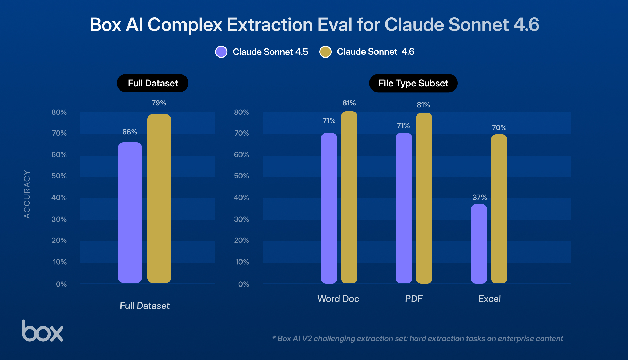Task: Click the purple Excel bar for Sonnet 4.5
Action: click(479, 244)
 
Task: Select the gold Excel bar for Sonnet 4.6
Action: click(499, 209)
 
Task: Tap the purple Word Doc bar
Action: click(329, 208)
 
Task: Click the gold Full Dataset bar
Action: click(159, 199)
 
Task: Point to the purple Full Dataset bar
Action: click(130, 212)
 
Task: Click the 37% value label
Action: click(479, 198)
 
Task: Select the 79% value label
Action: click(159, 103)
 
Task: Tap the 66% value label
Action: click(130, 132)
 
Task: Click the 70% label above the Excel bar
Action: click(499, 128)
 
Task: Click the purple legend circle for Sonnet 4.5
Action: click(221, 52)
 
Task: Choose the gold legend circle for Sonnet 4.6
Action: click(325, 52)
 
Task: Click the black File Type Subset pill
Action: click(413, 83)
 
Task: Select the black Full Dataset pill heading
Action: click(152, 83)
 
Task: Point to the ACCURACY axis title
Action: click(27, 194)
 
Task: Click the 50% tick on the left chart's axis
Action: click(59, 176)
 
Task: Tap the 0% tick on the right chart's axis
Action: click(243, 284)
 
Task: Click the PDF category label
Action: click(414, 299)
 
